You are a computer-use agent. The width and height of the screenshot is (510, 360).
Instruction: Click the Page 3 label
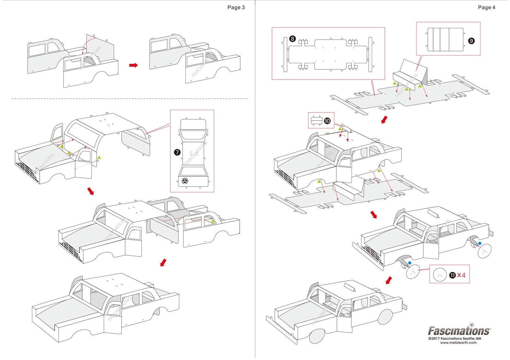[x=236, y=7]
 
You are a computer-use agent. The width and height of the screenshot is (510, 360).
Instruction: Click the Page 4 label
[x=487, y=7]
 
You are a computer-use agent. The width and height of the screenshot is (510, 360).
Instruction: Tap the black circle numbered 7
[x=177, y=152]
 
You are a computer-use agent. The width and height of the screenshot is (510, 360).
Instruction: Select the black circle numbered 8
[x=292, y=39]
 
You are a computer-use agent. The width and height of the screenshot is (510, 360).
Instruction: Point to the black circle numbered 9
[x=471, y=41]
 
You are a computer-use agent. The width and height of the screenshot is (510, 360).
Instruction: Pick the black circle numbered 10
[x=327, y=121]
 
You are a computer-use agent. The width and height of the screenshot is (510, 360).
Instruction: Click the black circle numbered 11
[x=452, y=275]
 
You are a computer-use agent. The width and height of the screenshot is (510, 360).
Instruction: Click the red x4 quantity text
[x=461, y=275]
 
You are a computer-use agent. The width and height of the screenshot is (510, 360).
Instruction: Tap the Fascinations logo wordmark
[x=459, y=330]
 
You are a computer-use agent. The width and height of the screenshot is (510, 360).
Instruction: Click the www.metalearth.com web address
[x=458, y=343]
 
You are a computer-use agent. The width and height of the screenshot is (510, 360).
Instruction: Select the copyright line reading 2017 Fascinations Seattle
[x=455, y=339]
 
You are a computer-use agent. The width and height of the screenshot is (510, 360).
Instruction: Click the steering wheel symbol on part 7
[x=185, y=181]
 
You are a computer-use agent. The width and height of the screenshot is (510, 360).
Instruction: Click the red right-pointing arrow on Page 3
[x=133, y=65]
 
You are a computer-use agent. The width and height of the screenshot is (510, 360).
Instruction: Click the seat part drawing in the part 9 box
[x=445, y=39]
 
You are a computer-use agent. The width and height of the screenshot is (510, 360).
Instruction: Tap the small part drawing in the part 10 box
[x=317, y=120]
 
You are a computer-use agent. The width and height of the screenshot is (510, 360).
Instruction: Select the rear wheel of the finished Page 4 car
[x=385, y=317]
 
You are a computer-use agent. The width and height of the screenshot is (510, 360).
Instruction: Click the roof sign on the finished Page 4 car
[x=350, y=287]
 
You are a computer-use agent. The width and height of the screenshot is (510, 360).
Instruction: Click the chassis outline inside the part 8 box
[x=328, y=54]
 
